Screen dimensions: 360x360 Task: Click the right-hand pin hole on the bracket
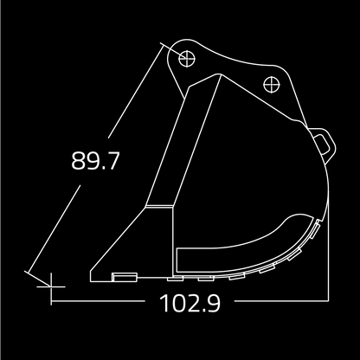click(x=270, y=85)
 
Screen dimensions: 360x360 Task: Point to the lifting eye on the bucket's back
click(x=325, y=142)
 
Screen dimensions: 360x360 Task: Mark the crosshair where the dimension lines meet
click(x=52, y=282)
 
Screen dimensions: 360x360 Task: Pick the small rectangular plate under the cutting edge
click(x=125, y=277)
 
